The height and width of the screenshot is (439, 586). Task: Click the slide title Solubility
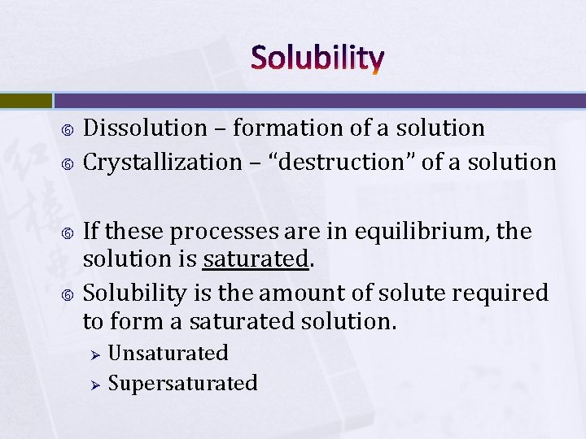pos(317,58)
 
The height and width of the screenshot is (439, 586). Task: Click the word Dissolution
pos(146,128)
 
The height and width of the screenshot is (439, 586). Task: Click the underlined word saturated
pos(256,259)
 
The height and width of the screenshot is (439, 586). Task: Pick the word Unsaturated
pos(168,353)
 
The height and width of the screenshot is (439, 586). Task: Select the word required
pos(501,293)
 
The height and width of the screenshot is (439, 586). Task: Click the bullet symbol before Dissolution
pos(69,128)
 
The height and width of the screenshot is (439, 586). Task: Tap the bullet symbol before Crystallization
pos(69,163)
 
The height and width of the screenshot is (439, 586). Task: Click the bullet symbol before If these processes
pos(69,233)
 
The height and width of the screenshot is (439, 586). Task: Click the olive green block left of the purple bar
pos(25,100)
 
